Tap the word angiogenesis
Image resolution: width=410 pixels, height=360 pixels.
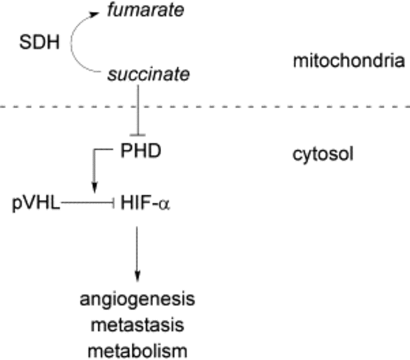pos(136,299)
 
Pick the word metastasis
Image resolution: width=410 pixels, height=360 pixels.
pos(136,325)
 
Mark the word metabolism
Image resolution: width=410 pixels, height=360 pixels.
pos(136,350)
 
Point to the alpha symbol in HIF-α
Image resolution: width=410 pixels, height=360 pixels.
pos(165,204)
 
